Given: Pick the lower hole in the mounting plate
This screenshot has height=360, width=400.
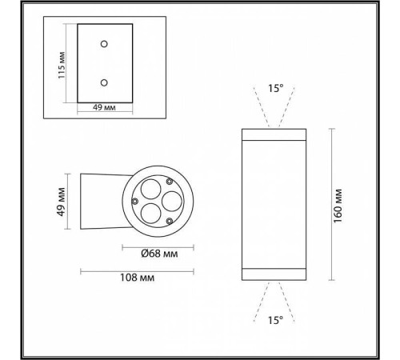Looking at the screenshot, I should [x=103, y=82].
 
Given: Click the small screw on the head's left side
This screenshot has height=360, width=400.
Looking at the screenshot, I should [x=136, y=201].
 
